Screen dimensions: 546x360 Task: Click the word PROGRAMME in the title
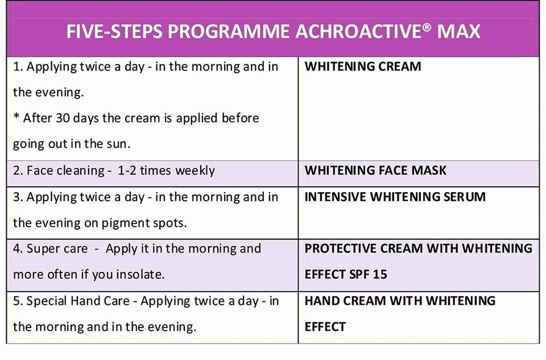pos(229,31)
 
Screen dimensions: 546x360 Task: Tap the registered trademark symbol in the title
pos(428,27)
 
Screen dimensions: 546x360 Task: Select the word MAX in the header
pos(458,31)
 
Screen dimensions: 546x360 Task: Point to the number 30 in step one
pos(63,118)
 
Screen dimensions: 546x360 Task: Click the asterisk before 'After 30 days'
pos(16,116)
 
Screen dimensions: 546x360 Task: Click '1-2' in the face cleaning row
pos(127,171)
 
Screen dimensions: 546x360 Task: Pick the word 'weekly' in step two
pos(195,171)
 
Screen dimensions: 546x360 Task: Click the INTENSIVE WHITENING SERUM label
pos(395,197)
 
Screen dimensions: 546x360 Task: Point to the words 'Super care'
pos(57,249)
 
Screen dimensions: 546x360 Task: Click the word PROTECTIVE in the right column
pos(341,248)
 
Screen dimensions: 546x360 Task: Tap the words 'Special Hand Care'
pos(78,301)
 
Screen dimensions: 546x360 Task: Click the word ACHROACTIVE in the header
pos(359,31)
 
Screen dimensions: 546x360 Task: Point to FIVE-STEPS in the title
pos(115,31)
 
